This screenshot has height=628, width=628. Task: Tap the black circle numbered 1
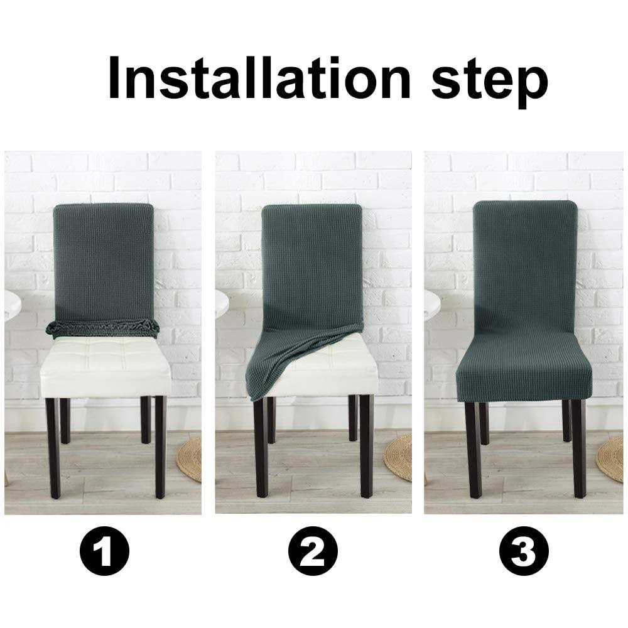coord(104,553)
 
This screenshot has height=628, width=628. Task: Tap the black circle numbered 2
coord(313,553)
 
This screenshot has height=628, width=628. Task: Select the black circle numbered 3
coord(523,553)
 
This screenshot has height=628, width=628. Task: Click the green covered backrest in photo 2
coord(312,264)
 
